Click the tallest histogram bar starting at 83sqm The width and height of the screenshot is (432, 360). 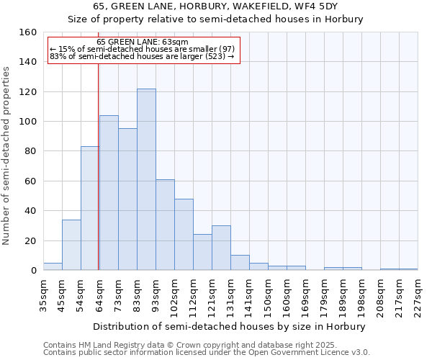tap(146, 179)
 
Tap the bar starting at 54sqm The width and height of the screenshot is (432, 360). tap(90, 208)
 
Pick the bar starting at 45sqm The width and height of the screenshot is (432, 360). tap(71, 245)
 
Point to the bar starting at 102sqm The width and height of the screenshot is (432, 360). tap(184, 235)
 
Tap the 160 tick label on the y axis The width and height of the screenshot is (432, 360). tap(28, 32)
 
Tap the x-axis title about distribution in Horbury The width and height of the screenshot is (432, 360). tap(230, 326)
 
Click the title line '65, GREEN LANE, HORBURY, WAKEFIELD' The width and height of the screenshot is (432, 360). tap(215, 6)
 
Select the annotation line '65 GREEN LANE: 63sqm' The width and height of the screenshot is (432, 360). tap(142, 42)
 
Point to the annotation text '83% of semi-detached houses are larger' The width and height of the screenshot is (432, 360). tap(142, 56)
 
